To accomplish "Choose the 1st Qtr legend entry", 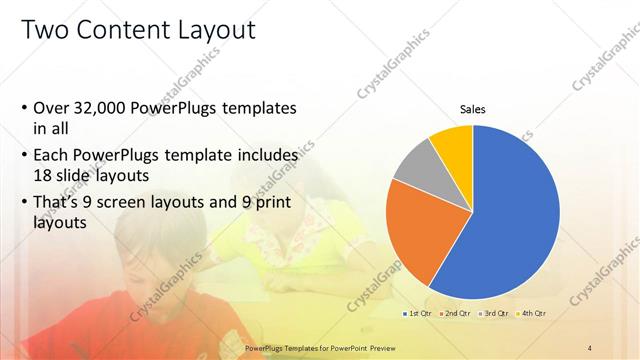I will click(417, 314).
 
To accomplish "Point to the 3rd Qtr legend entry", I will click(495, 314).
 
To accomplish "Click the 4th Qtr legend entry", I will click(532, 314).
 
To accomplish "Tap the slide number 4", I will click(590, 347).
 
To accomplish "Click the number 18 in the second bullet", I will click(42, 174).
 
